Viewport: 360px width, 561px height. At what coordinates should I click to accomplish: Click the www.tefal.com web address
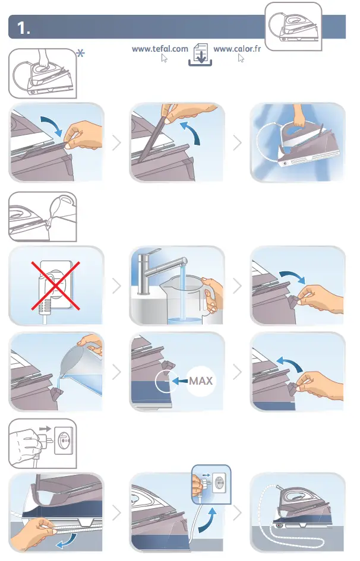click(x=160, y=49)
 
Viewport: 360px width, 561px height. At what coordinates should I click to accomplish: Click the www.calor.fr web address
click(x=237, y=49)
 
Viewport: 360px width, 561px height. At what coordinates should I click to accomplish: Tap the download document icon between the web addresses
click(x=200, y=55)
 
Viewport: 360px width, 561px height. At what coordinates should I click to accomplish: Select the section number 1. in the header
click(x=24, y=28)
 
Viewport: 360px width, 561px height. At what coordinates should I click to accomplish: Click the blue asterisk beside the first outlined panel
click(x=81, y=53)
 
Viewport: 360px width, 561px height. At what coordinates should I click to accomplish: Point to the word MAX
click(x=201, y=381)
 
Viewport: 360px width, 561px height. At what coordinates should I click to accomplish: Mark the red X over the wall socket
click(x=55, y=286)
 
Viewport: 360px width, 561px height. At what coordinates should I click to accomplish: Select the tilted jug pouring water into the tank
click(x=81, y=367)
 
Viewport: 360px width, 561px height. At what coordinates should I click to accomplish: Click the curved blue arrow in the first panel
click(x=52, y=126)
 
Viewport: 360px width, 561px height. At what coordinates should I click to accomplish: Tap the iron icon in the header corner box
click(x=294, y=27)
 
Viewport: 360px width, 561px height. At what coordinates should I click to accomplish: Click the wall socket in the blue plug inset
click(x=219, y=483)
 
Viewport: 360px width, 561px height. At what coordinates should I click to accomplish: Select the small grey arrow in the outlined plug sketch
click(x=46, y=428)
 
